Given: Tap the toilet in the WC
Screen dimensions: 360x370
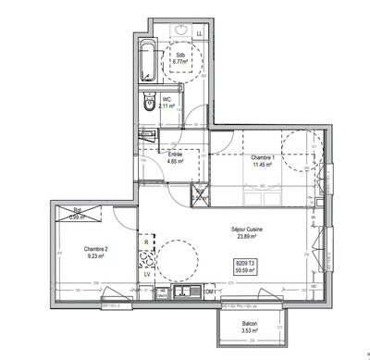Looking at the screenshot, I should point(149,108).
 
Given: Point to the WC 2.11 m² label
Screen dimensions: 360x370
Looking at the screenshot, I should point(167,103).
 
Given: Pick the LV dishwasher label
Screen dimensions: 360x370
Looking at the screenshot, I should point(146,275).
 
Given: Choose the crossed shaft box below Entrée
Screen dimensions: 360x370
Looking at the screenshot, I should point(199,194).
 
